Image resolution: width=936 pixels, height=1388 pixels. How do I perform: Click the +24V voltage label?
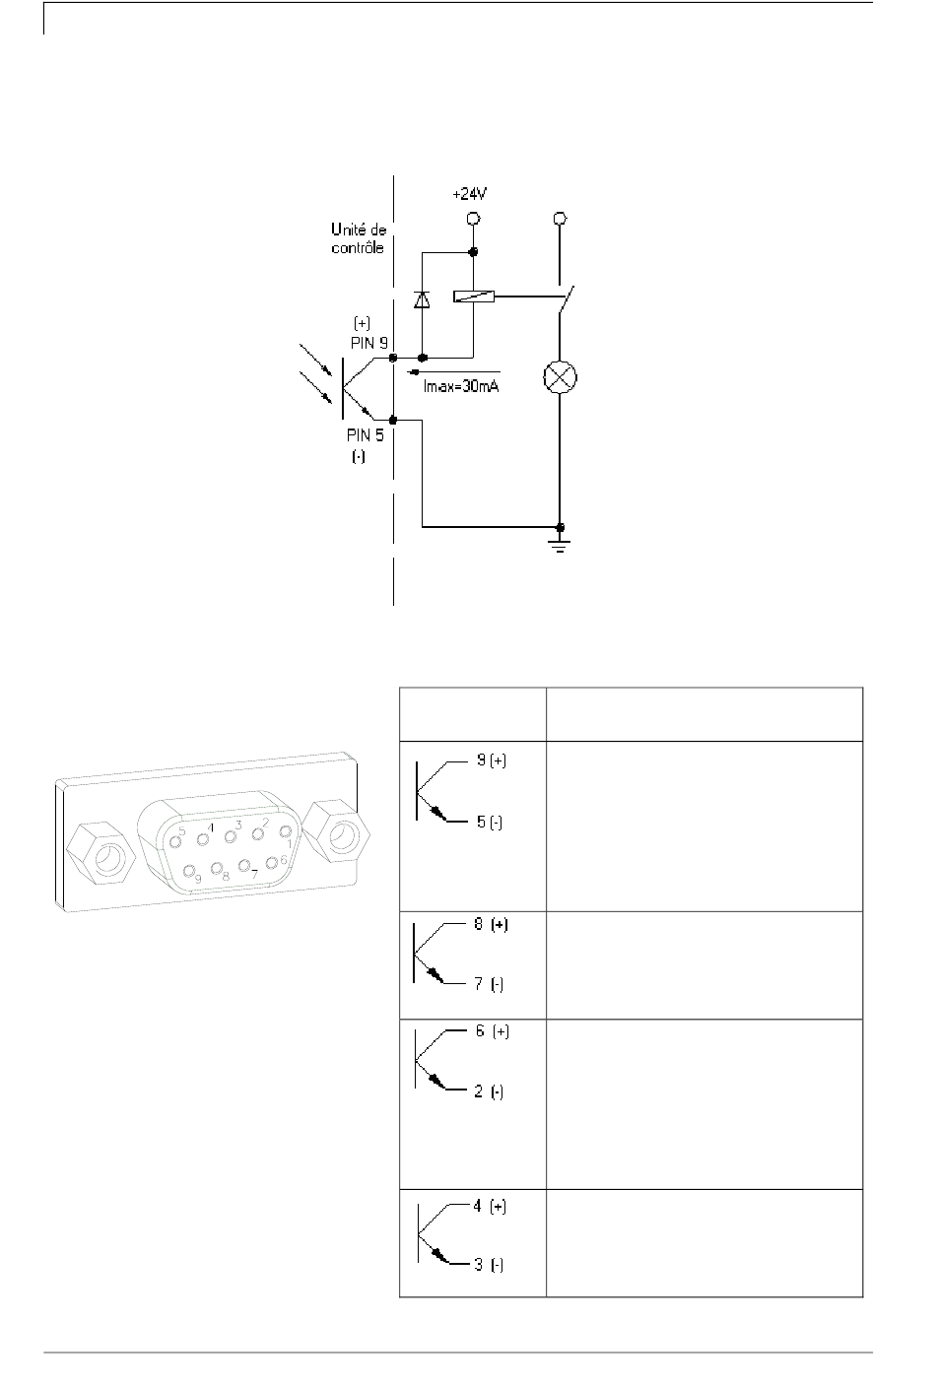(469, 195)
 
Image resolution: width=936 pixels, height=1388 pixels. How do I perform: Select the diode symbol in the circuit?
(422, 299)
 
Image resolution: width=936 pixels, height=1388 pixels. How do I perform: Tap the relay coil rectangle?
(474, 297)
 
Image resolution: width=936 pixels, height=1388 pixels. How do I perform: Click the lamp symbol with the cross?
(560, 376)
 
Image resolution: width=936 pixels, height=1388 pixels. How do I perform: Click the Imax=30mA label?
(461, 387)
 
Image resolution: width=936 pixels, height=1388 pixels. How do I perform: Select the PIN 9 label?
(369, 343)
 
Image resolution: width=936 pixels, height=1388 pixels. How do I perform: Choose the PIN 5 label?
(366, 435)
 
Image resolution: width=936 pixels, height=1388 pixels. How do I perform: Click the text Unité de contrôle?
(359, 238)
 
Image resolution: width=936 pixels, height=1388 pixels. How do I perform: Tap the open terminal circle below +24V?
(474, 219)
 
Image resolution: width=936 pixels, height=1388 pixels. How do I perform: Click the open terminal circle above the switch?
(560, 219)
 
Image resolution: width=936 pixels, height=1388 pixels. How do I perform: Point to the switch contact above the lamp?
(566, 299)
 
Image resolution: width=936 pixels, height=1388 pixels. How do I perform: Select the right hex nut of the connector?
(339, 831)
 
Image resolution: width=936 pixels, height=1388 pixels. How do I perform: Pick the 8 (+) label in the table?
(491, 924)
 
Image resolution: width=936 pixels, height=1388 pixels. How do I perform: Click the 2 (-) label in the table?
(489, 1091)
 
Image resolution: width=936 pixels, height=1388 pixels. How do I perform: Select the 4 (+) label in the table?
(490, 1206)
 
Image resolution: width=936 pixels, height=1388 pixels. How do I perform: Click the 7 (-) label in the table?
(489, 984)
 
